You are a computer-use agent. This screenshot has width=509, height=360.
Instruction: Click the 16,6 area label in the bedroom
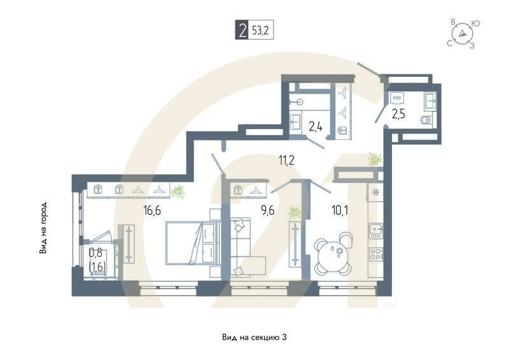(152, 211)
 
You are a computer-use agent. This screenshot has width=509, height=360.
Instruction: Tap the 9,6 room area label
(268, 211)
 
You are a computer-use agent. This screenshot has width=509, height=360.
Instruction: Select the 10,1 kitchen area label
(340, 211)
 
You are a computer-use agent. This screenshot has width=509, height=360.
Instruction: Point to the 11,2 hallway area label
(286, 160)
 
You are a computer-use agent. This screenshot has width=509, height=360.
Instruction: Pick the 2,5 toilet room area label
(398, 114)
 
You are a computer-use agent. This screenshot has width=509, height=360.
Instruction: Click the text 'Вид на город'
(43, 227)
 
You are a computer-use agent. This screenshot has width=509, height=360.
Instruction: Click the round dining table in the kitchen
(334, 256)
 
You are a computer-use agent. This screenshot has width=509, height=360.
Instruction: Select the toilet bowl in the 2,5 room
(425, 120)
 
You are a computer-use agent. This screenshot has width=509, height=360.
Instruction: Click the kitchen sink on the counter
(376, 231)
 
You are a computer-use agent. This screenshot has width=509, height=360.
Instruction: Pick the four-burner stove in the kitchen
(376, 254)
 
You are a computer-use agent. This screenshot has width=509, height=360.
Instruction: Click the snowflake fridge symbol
(375, 192)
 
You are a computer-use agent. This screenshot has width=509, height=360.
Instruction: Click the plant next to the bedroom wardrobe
(178, 191)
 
